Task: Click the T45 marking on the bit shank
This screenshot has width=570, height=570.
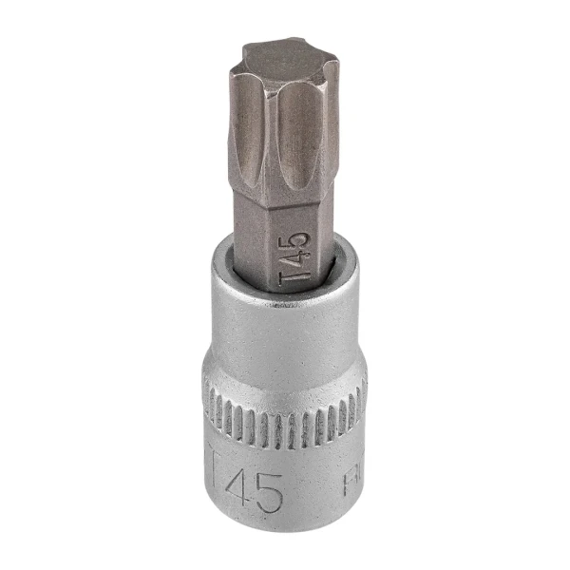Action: [x=297, y=259]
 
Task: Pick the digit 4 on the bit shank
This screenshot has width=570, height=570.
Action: [x=297, y=260]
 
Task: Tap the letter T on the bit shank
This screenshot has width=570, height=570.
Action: [x=296, y=278]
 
